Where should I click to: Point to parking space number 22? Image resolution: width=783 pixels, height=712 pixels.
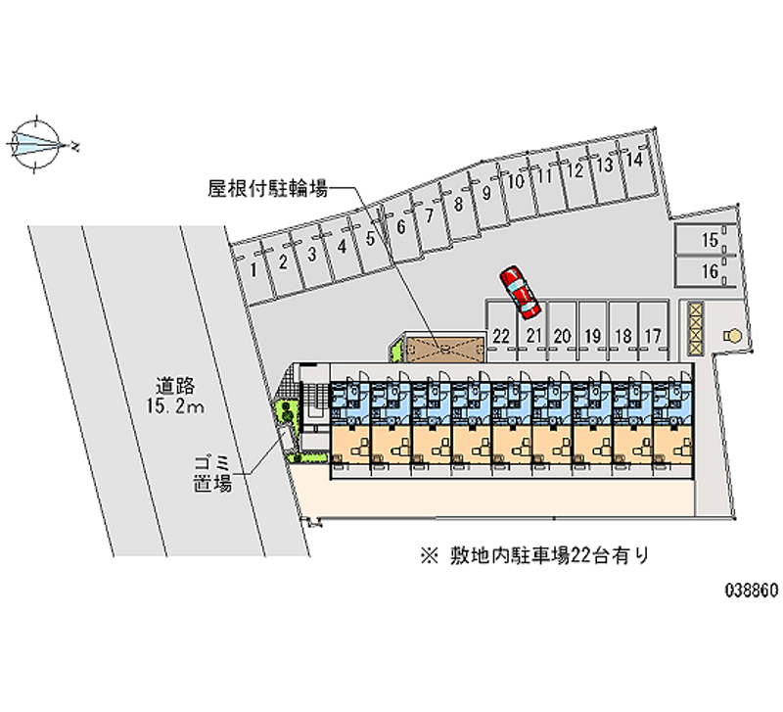(501, 335)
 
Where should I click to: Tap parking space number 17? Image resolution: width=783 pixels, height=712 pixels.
(653, 335)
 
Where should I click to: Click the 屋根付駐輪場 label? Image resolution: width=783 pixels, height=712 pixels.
(267, 187)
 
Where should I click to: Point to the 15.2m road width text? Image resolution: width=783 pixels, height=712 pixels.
(177, 406)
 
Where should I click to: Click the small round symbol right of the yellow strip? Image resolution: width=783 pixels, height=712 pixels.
(729, 336)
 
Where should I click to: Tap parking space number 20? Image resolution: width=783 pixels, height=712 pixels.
(562, 335)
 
